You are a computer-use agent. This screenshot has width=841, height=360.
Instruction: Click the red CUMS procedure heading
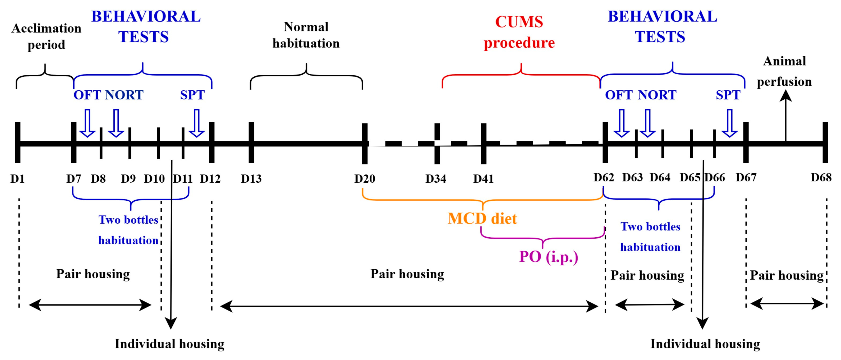519,32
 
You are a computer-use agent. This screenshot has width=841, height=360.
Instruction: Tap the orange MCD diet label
482,218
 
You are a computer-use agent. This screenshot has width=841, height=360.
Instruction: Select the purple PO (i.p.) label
549,257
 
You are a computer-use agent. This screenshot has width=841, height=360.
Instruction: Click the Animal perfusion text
784,71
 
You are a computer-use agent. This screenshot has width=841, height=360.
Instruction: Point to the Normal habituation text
306,35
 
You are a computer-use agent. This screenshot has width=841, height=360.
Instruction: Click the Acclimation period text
46,36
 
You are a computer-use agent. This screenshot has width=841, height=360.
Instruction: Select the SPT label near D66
728,95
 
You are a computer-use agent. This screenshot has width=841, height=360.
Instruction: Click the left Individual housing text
169,344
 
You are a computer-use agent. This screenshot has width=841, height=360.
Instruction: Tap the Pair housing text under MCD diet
407,274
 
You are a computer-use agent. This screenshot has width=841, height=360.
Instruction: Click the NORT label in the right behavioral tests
657,95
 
